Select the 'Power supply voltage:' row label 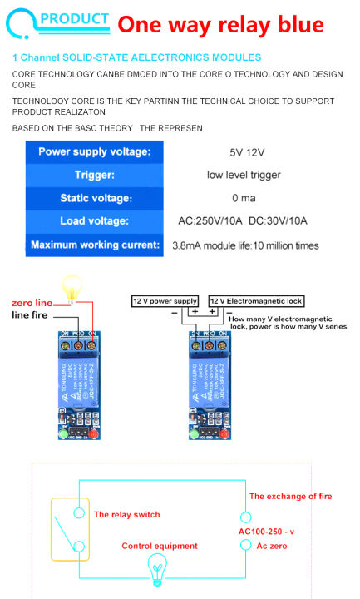point(94,152)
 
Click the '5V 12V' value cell point(246,152)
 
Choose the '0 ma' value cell point(244,198)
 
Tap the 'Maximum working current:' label point(94,245)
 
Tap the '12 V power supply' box point(165,300)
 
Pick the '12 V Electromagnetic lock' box point(257,300)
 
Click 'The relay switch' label point(126,515)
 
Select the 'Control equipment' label point(160,546)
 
